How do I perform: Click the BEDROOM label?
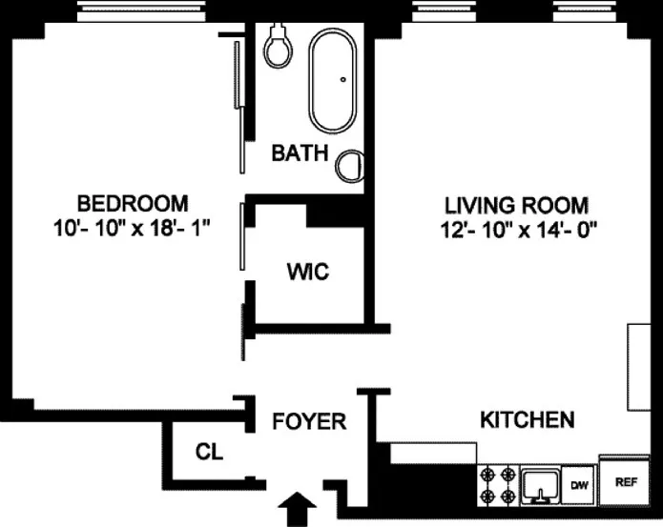pyautogui.click(x=133, y=203)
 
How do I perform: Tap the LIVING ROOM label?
pyautogui.click(x=516, y=205)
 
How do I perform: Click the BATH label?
pyautogui.click(x=300, y=152)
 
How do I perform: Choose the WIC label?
pyautogui.click(x=307, y=273)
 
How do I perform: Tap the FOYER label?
pyautogui.click(x=309, y=421)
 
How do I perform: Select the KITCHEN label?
pyautogui.click(x=527, y=419)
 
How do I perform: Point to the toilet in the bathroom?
pyautogui.click(x=278, y=45)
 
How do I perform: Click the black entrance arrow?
pyautogui.click(x=297, y=508)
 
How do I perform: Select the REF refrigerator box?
pyautogui.click(x=626, y=482)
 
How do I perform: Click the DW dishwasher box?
pyautogui.click(x=579, y=485)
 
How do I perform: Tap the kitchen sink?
pyautogui.click(x=540, y=484)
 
